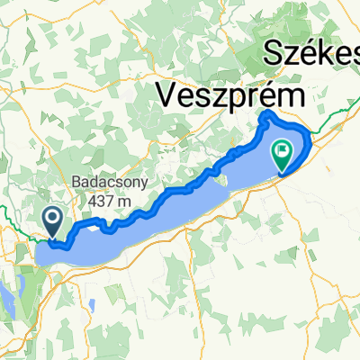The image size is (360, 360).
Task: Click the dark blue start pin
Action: click(53, 219)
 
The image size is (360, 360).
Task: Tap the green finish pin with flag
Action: click(283, 152)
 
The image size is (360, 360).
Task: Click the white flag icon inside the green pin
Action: click(283, 149)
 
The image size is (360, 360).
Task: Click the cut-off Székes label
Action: click(311, 54)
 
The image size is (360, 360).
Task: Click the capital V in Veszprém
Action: click(168, 93)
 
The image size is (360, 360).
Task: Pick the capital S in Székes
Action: click(274, 54)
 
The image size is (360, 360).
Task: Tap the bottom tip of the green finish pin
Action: click(283, 171)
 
